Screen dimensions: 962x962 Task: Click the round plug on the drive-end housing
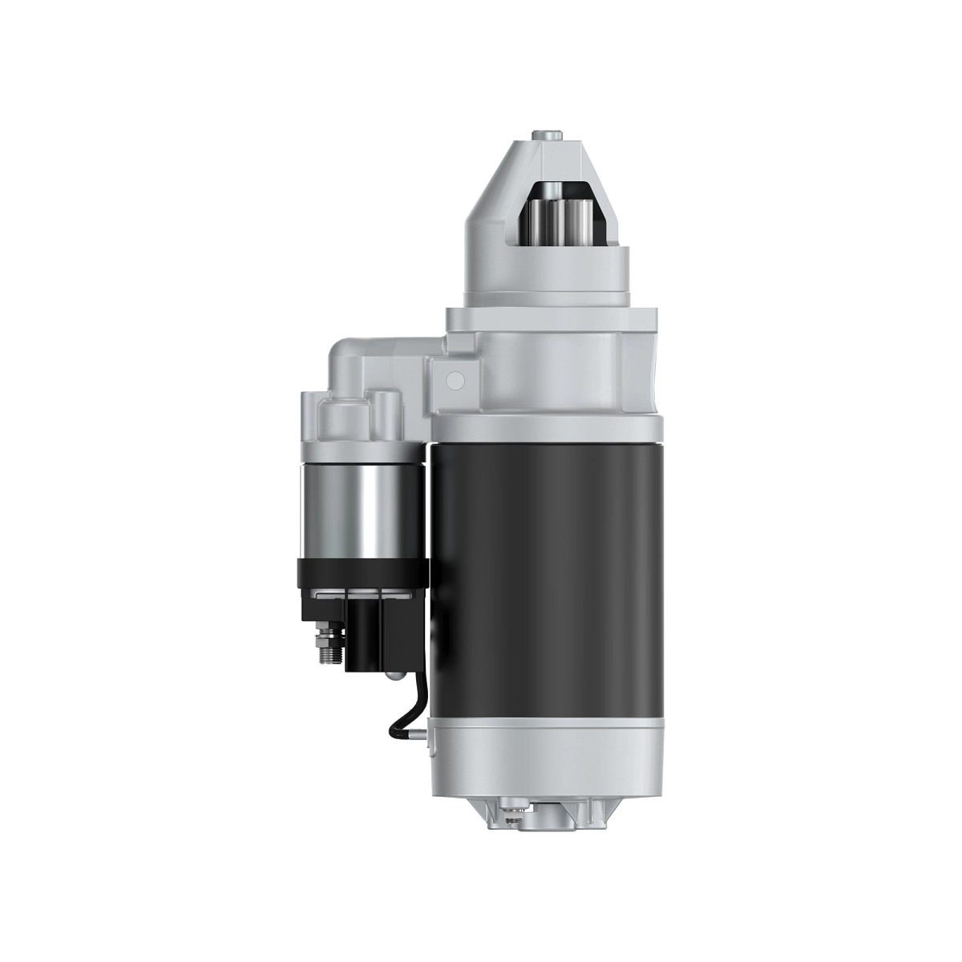455,378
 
